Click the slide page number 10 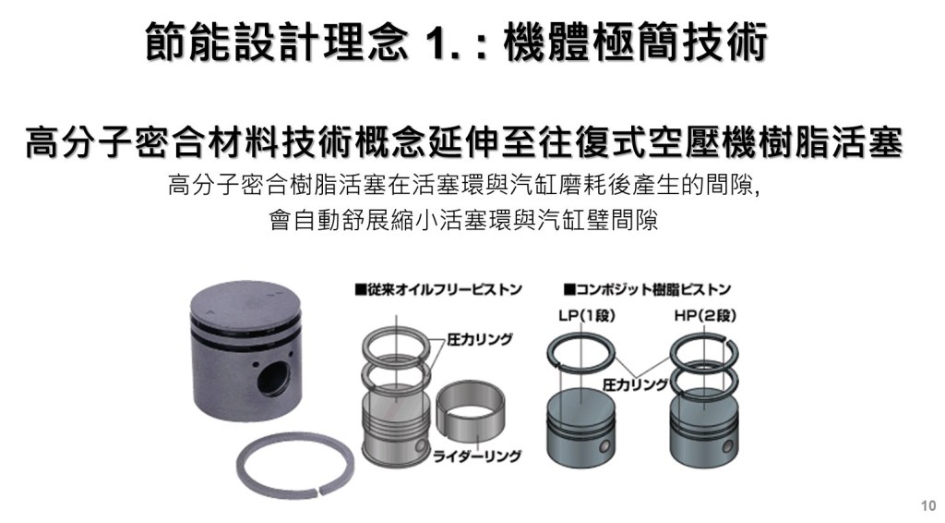coord(928,505)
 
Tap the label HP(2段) coord(705,315)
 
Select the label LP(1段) coord(585,315)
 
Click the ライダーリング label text coord(477,456)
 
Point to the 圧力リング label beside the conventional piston coord(480,340)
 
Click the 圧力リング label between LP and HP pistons coord(635,385)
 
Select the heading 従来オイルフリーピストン coord(438,289)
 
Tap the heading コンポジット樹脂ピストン coord(647,289)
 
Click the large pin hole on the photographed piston coord(274,378)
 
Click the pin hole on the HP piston coord(727,446)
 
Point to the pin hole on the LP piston coord(604,446)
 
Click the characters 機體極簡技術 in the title coord(635,43)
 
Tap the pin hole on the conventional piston coord(419,448)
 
